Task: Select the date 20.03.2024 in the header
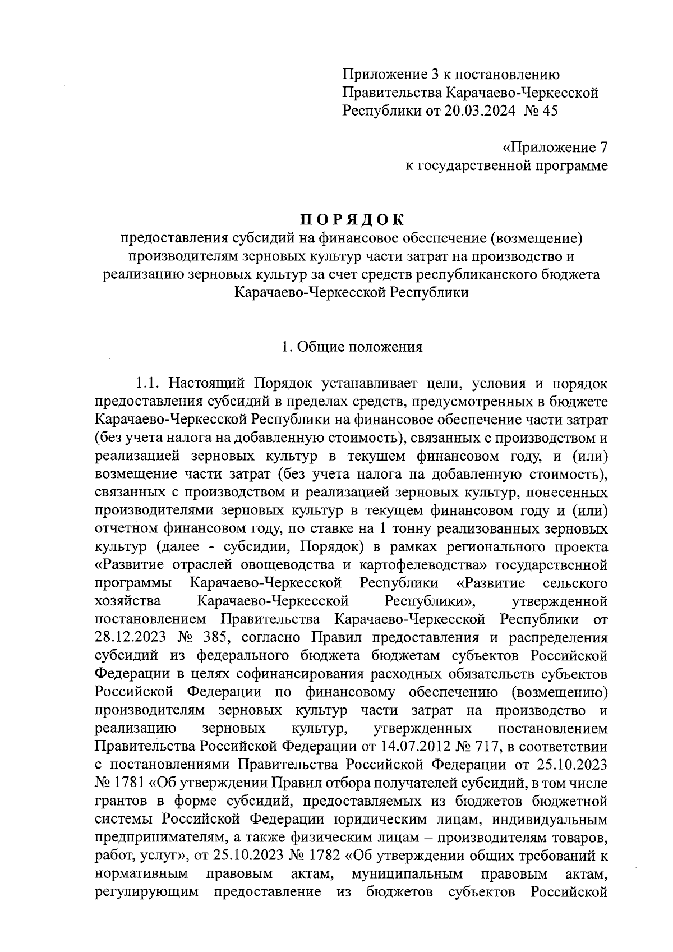pyautogui.click(x=480, y=111)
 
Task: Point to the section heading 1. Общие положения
pyautogui.click(x=352, y=347)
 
